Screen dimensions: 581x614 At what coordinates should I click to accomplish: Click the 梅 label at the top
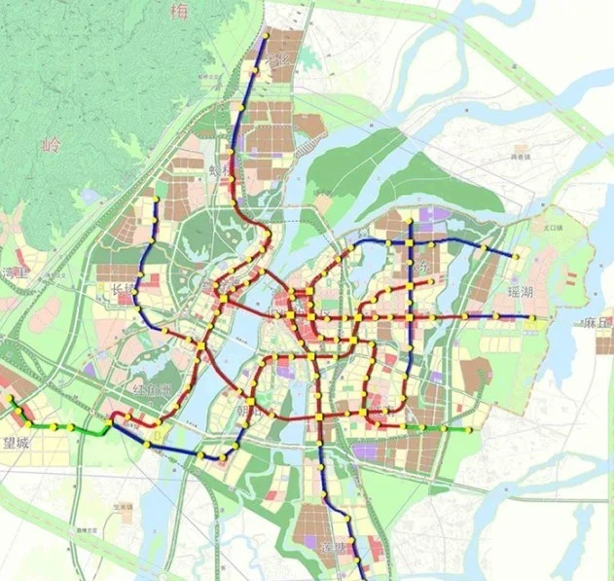coord(178,13)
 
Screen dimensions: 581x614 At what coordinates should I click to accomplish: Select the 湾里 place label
coord(14,272)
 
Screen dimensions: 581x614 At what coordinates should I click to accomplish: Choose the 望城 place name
coord(18,442)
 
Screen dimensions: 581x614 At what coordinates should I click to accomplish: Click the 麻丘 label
coord(596,322)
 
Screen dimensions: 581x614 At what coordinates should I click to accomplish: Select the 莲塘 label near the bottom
coord(334,548)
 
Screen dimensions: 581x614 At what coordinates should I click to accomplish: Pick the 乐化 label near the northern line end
coord(279,60)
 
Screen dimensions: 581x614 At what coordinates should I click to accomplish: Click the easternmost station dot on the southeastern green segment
coord(470,428)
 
